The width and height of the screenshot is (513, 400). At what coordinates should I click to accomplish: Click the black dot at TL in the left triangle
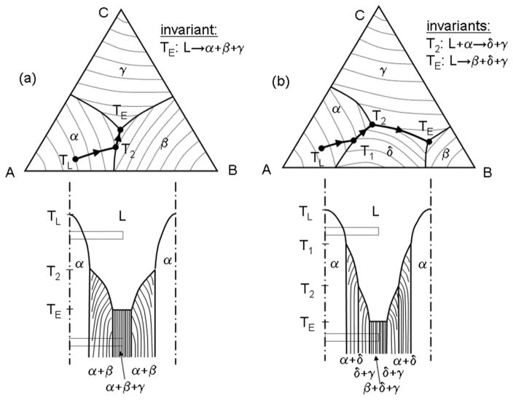tap(75, 159)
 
